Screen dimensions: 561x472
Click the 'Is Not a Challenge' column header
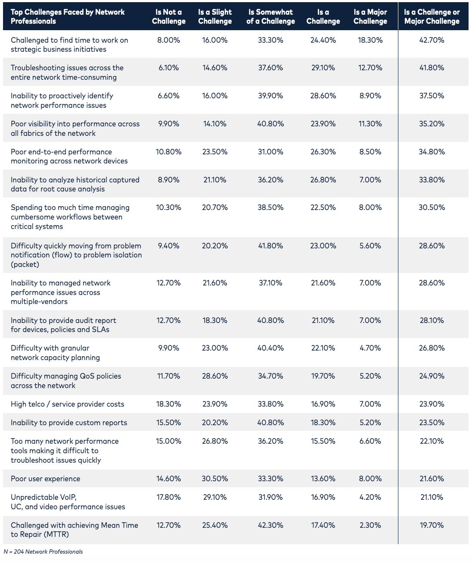[168, 17]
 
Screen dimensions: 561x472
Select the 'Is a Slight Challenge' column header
[215, 17]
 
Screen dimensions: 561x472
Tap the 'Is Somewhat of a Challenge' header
[270, 17]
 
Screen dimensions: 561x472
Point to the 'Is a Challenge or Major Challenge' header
[432, 17]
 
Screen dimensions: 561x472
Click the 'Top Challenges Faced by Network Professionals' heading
[68, 17]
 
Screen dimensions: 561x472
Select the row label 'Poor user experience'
[46, 479]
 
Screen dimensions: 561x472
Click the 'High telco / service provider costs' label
[68, 404]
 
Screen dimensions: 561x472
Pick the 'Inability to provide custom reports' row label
[69, 423]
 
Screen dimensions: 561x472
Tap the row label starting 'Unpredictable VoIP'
[68, 502]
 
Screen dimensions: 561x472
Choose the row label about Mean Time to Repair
[75, 530]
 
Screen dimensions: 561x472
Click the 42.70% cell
[432, 40]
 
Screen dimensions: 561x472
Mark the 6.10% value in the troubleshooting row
[168, 68]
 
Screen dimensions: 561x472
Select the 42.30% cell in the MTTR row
[270, 525]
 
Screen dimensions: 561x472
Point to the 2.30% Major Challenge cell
[370, 525]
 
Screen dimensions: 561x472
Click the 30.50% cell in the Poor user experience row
[215, 479]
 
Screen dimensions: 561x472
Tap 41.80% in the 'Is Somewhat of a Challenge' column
[270, 246]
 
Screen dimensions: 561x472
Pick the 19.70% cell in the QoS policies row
[323, 376]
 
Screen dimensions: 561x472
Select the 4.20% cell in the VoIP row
[370, 497]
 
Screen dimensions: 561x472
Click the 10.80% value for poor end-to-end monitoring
[168, 152]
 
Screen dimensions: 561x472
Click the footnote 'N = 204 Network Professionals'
[43, 552]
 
